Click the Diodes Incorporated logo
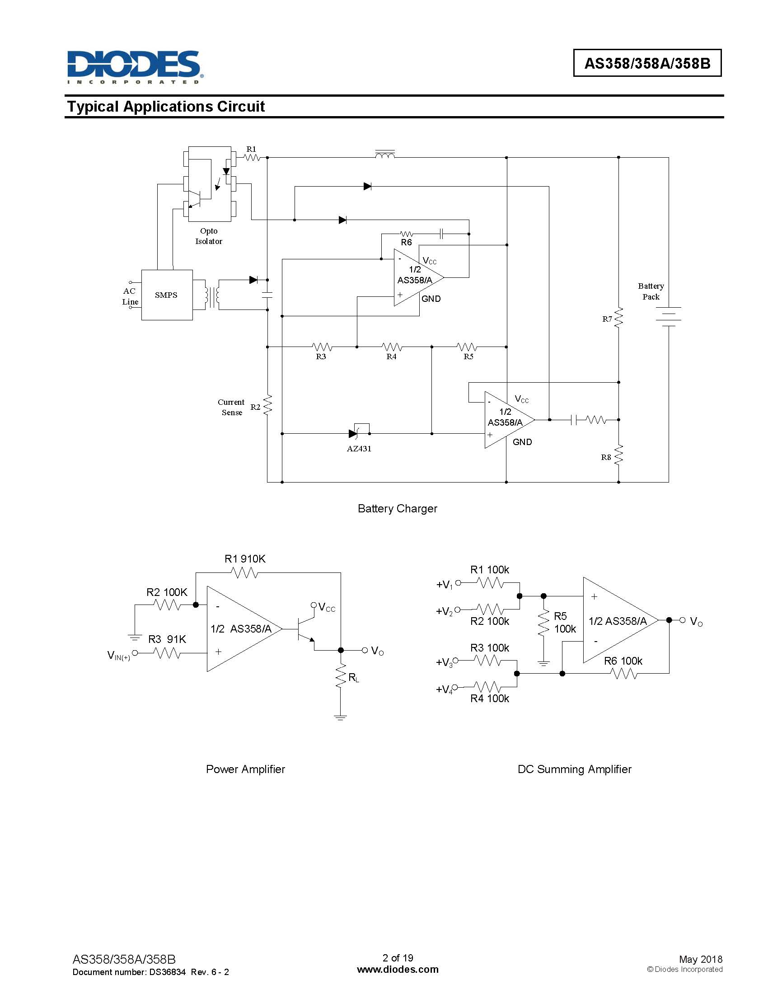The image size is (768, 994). pyautogui.click(x=135, y=67)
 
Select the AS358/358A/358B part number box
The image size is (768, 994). pyautogui.click(x=647, y=63)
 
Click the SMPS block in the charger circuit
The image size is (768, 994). pyautogui.click(x=167, y=295)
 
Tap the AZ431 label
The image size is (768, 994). pyautogui.click(x=359, y=449)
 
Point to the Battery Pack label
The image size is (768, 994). pyautogui.click(x=651, y=291)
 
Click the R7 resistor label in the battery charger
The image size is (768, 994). pyautogui.click(x=607, y=319)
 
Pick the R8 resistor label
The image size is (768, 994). pyautogui.click(x=605, y=457)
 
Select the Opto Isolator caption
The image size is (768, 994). pyautogui.click(x=209, y=236)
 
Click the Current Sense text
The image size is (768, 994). pyautogui.click(x=231, y=408)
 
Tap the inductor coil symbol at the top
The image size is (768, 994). pyautogui.click(x=385, y=155)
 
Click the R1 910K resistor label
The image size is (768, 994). pyautogui.click(x=245, y=559)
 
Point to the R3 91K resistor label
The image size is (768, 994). pyautogui.click(x=167, y=639)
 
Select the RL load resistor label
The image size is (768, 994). pyautogui.click(x=354, y=678)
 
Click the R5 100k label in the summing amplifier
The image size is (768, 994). pyautogui.click(x=565, y=623)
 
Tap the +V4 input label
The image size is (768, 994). pyautogui.click(x=444, y=689)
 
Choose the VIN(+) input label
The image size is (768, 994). pyautogui.click(x=118, y=656)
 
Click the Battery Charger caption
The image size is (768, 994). pyautogui.click(x=397, y=509)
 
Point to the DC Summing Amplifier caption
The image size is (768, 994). pyautogui.click(x=574, y=769)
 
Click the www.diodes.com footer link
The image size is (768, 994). pyautogui.click(x=398, y=970)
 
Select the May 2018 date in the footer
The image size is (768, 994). pyautogui.click(x=700, y=959)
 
